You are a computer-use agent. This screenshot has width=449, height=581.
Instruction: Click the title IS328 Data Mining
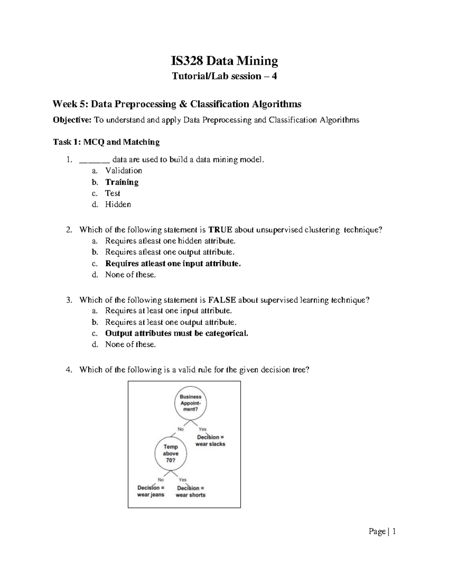point(224,61)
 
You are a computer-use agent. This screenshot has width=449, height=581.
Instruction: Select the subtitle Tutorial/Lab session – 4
point(224,76)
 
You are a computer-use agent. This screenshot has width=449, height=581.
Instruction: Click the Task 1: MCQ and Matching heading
point(106,142)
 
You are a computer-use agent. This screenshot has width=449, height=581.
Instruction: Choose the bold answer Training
point(122,182)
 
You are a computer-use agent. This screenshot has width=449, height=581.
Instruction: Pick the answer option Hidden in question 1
point(118,204)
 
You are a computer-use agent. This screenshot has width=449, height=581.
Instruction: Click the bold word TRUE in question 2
point(220,230)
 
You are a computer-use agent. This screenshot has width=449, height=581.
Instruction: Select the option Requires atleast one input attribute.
point(173,263)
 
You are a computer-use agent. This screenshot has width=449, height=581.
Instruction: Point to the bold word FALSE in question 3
point(222,300)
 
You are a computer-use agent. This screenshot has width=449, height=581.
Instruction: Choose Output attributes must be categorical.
point(177,333)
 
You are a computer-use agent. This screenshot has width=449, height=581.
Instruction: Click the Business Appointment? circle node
point(190,403)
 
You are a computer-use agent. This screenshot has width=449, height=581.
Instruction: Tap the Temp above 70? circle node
point(171,453)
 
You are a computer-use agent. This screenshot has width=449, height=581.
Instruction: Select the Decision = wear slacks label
point(210,441)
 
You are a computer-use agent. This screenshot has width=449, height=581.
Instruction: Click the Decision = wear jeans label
point(151,491)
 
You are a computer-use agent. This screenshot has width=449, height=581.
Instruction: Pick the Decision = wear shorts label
point(190,492)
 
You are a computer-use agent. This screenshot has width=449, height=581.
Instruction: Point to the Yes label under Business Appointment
point(202,429)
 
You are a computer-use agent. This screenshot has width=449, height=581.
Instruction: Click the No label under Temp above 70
point(161,480)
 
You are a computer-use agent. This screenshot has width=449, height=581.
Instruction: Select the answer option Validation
point(123,171)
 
